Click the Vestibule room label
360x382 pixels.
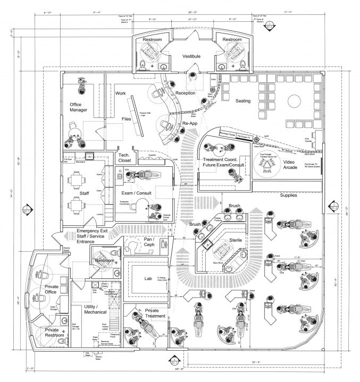[x=191, y=55]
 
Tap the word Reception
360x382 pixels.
[x=186, y=94]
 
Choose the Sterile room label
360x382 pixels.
[x=236, y=241]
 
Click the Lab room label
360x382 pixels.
[x=148, y=278]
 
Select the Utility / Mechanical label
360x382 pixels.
[x=96, y=311]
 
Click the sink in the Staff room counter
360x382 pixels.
[x=89, y=157]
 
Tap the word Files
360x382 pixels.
[x=126, y=119]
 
